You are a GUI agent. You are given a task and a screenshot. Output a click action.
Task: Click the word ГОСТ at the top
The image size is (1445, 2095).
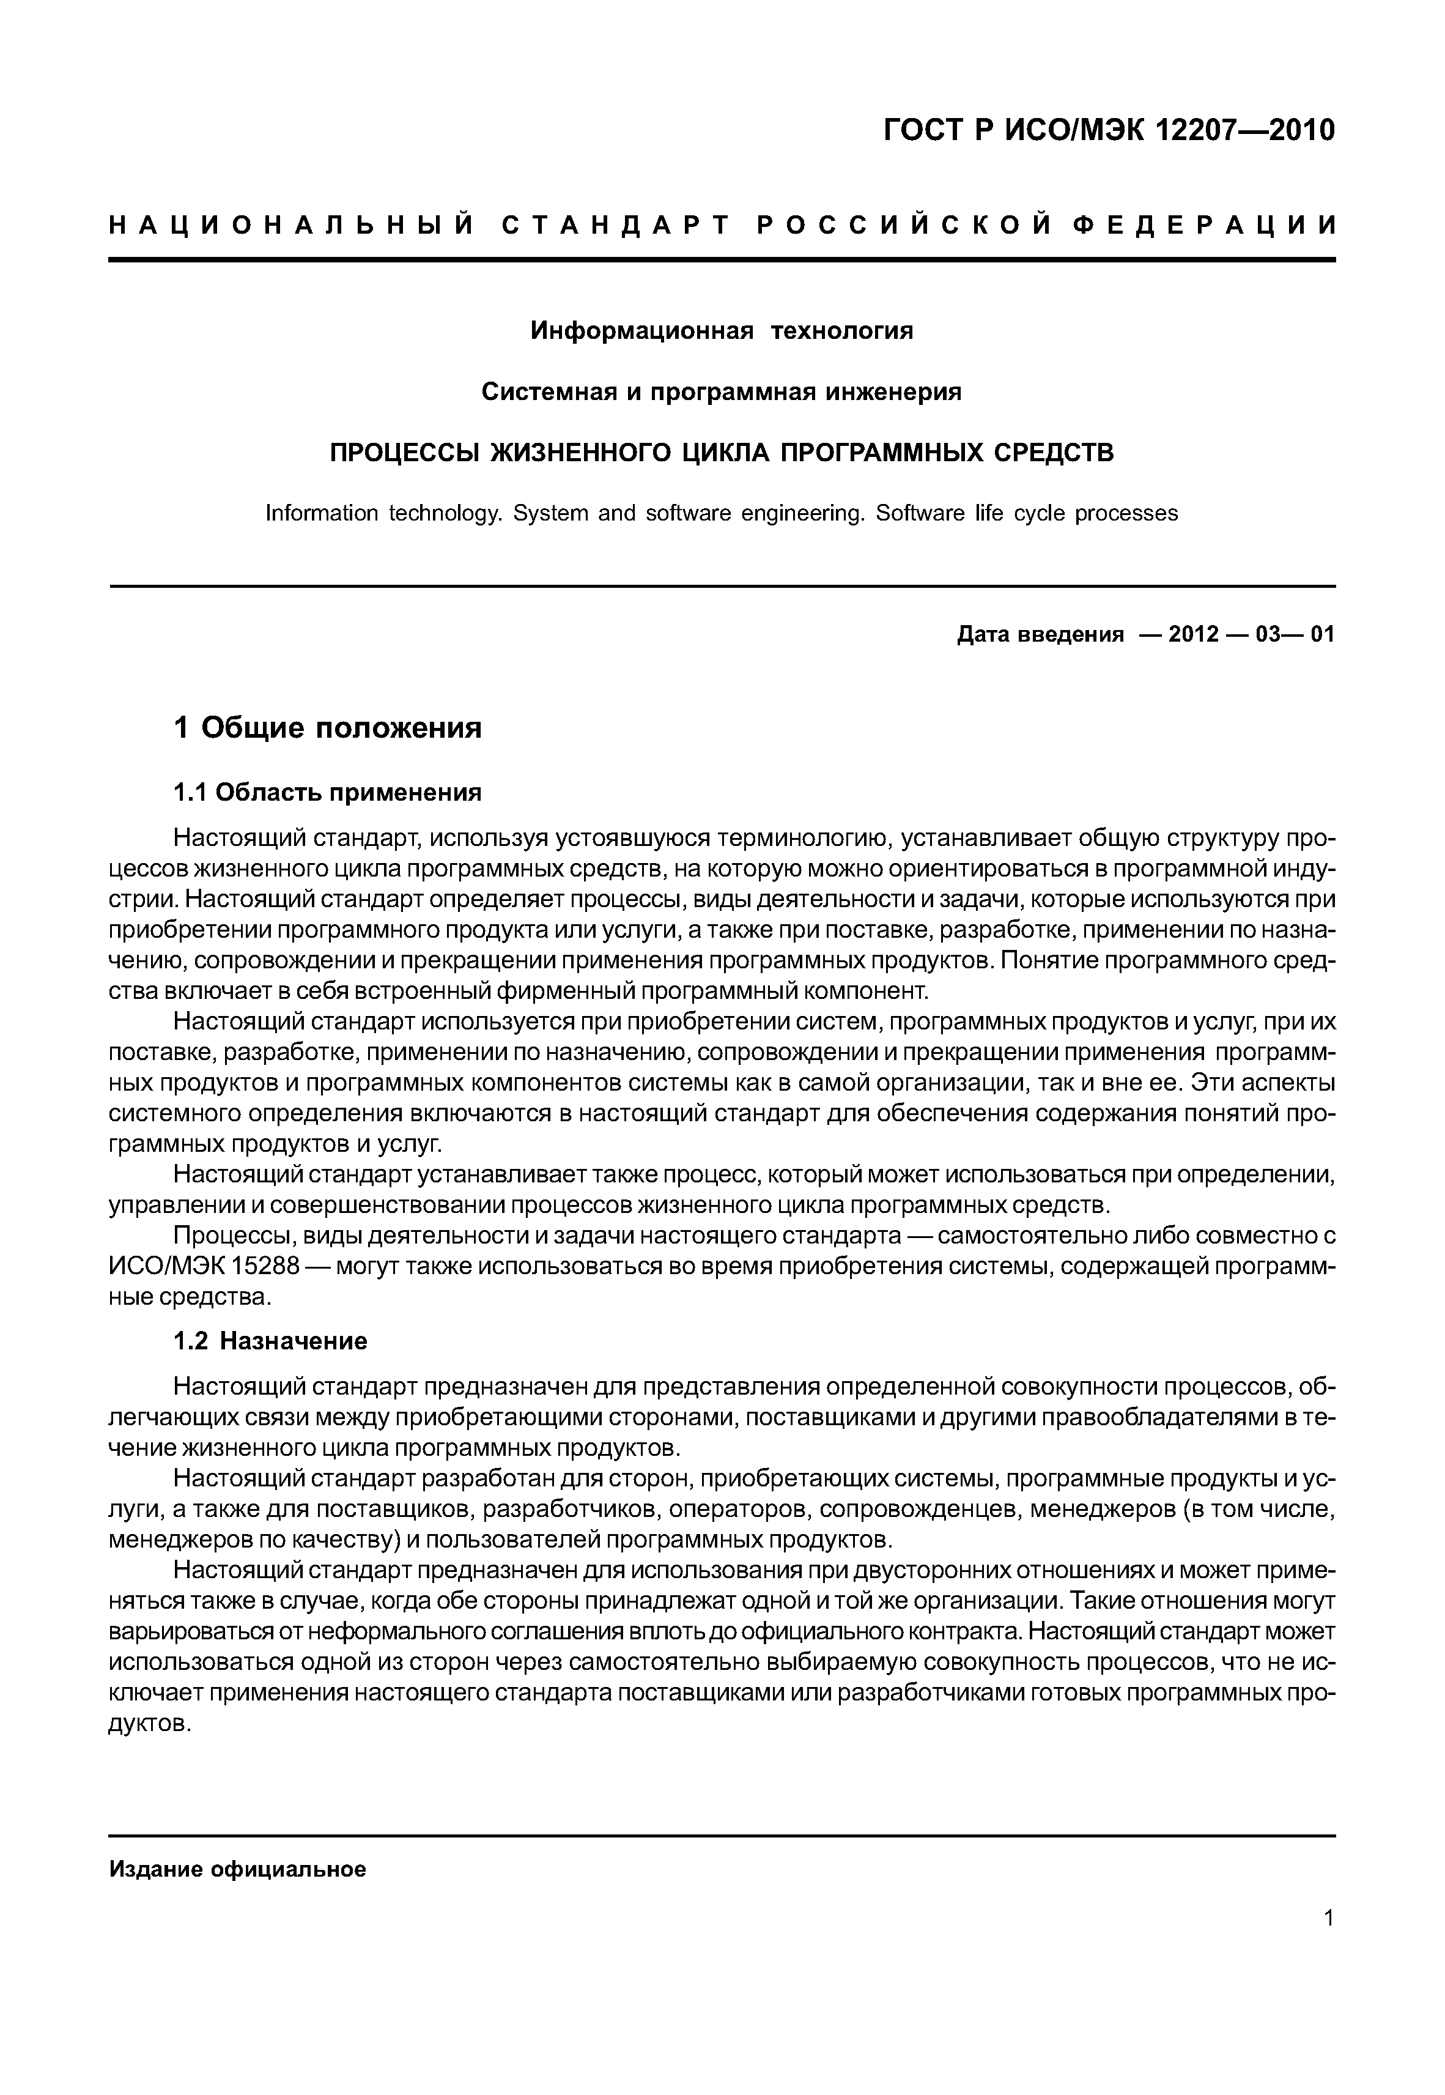click(923, 132)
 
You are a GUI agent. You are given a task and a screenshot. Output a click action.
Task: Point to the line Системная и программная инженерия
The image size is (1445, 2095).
click(722, 392)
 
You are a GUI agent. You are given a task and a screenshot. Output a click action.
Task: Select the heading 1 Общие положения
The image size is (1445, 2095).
click(328, 727)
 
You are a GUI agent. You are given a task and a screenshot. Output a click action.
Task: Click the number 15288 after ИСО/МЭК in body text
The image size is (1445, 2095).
click(265, 1266)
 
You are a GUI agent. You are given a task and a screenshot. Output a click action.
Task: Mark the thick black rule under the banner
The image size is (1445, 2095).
click(722, 261)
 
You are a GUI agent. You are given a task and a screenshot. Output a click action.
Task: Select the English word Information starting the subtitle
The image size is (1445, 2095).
click(322, 513)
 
